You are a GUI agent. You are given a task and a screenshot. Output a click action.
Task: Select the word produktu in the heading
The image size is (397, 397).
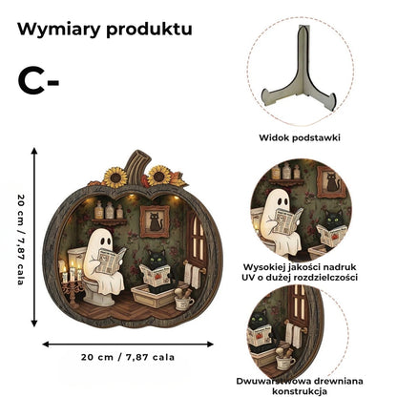click(149, 30)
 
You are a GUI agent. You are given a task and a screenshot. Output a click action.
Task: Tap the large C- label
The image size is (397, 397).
click(38, 82)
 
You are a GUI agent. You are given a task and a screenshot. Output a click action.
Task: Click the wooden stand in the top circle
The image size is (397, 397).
click(299, 70)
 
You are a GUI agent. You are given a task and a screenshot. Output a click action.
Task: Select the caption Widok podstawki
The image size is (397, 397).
click(300, 137)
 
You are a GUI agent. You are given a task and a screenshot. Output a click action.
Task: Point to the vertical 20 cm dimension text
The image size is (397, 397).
click(21, 240)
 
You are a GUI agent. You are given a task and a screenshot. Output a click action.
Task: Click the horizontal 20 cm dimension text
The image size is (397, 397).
click(128, 357)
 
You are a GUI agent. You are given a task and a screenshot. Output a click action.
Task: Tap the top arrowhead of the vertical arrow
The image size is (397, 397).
click(34, 151)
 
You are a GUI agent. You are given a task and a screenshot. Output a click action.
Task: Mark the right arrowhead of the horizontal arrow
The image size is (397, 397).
click(210, 344)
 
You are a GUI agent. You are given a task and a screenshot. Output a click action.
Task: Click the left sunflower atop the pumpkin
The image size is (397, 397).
click(115, 178)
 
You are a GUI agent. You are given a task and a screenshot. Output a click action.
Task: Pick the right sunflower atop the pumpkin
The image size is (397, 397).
click(159, 176)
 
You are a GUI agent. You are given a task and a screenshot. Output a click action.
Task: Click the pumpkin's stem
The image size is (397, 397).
click(137, 163)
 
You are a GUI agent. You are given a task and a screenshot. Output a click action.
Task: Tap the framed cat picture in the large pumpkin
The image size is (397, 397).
click(155, 221)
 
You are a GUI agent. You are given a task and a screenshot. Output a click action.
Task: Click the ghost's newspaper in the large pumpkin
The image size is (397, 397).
click(110, 261)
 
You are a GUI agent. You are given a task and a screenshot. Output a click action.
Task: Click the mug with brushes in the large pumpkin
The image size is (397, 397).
click(183, 299)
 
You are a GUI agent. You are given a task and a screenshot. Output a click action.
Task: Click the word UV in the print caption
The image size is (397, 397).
click(248, 278)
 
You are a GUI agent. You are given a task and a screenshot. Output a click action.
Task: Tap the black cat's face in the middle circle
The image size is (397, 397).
click(334, 219)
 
